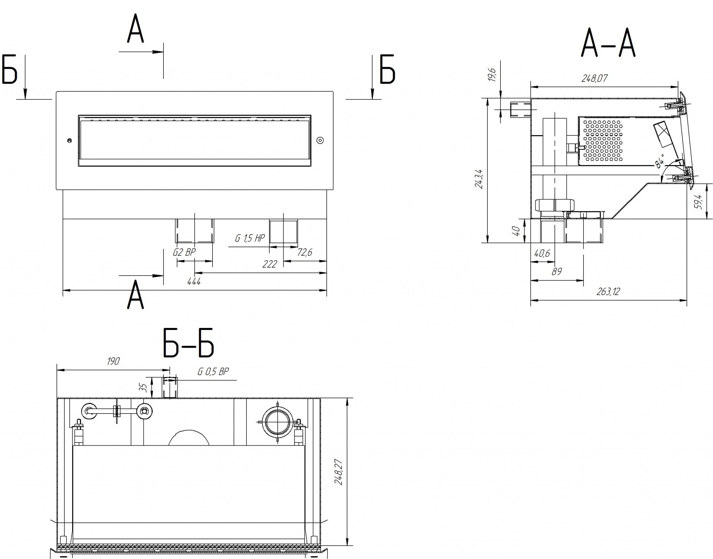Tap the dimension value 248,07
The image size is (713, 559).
594,78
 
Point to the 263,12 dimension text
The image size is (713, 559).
608,291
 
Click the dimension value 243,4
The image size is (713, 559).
479,178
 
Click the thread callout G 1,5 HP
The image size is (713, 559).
250,238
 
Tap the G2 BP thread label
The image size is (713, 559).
184,252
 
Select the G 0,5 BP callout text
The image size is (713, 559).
213,371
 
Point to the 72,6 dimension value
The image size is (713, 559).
305,252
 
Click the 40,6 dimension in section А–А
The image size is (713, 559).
542,253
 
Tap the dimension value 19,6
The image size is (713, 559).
492,75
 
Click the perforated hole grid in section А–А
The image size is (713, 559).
603,141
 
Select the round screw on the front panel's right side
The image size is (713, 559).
321,140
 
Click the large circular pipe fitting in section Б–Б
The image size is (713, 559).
277,422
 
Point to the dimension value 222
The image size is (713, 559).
270,264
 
